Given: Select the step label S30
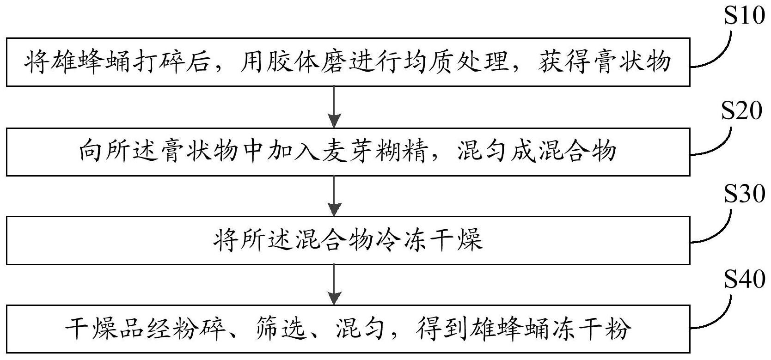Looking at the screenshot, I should [744, 195].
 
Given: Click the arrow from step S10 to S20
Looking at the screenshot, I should [334, 106].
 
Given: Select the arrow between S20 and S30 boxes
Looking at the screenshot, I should [334, 195].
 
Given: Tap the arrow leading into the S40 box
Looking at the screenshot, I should [334, 284].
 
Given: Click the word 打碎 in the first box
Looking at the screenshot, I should [164, 62].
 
